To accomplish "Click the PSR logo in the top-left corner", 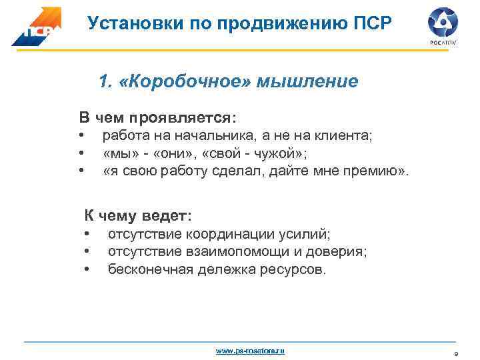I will tap(36, 27).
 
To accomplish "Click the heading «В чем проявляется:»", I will tap(157, 118).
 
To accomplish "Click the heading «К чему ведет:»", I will tap(137, 215).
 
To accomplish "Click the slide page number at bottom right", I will tap(456, 353).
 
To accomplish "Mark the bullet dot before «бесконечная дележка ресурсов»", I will tap(87, 270).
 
